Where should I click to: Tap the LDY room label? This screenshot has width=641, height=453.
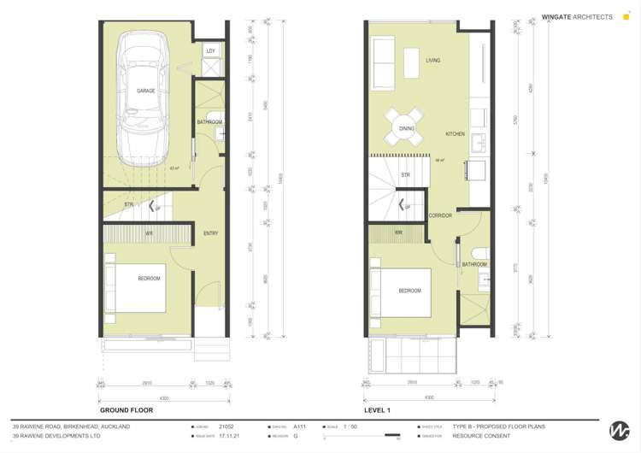[210, 51]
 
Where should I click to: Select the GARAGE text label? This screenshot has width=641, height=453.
[146, 90]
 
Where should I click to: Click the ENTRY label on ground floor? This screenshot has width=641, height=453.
[210, 233]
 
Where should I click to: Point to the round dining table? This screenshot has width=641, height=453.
[407, 129]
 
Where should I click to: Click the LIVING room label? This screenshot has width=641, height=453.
[433, 61]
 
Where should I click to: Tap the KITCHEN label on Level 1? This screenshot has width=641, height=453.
[455, 135]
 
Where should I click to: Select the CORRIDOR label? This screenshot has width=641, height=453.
[440, 215]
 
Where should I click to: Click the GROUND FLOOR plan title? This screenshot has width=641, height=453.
[126, 410]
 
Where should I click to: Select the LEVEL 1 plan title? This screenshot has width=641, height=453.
[377, 410]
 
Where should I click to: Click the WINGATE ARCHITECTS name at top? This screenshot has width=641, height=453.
[577, 16]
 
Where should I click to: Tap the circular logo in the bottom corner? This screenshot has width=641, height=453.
[619, 431]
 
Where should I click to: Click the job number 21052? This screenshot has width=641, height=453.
[226, 426]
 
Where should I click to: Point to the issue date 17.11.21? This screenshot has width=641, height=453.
[229, 436]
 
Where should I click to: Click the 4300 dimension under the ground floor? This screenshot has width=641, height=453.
[164, 398]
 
